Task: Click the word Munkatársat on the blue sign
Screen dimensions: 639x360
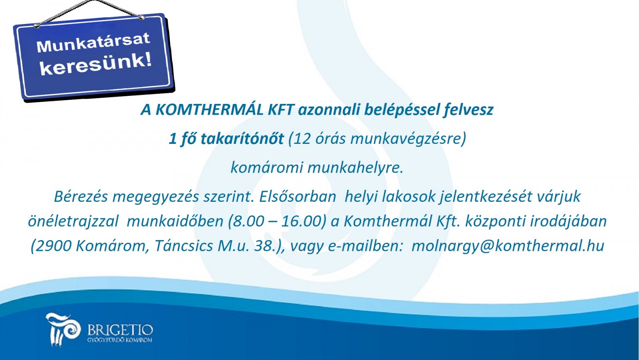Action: (x=93, y=43)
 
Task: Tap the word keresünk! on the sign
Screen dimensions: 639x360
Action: (x=95, y=64)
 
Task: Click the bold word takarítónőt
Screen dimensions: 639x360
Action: (x=242, y=139)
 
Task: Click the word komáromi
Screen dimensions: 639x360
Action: (x=266, y=167)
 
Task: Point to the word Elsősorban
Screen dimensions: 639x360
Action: (x=298, y=197)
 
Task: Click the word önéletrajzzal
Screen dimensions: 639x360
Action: (x=73, y=222)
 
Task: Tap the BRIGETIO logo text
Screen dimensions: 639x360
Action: (x=120, y=330)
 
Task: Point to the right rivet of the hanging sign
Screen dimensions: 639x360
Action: (x=141, y=18)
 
